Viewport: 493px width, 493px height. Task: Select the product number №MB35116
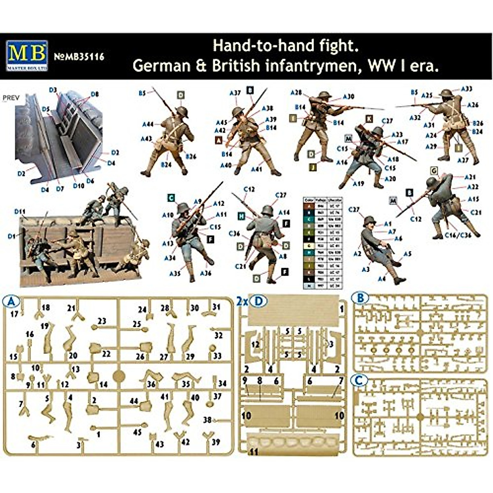79,57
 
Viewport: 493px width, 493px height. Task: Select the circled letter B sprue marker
360,298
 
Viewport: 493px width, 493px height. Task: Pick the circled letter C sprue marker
359,381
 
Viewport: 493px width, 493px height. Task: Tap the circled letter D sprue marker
258,302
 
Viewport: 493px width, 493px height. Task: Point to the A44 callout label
148,124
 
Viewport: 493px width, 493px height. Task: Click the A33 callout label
466,89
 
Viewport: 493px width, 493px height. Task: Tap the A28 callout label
296,93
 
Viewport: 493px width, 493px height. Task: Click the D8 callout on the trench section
94,94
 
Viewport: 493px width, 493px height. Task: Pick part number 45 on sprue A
138,432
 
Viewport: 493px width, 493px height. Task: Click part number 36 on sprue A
151,384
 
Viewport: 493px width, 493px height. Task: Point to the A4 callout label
382,279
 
